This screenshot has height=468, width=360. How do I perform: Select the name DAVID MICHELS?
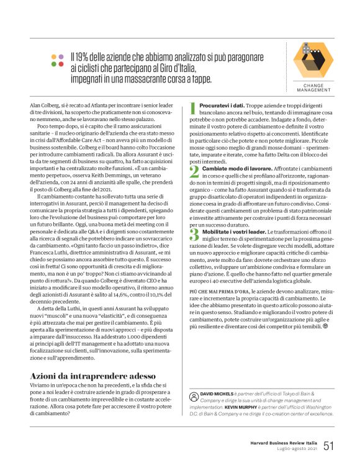(x=218, y=394)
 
